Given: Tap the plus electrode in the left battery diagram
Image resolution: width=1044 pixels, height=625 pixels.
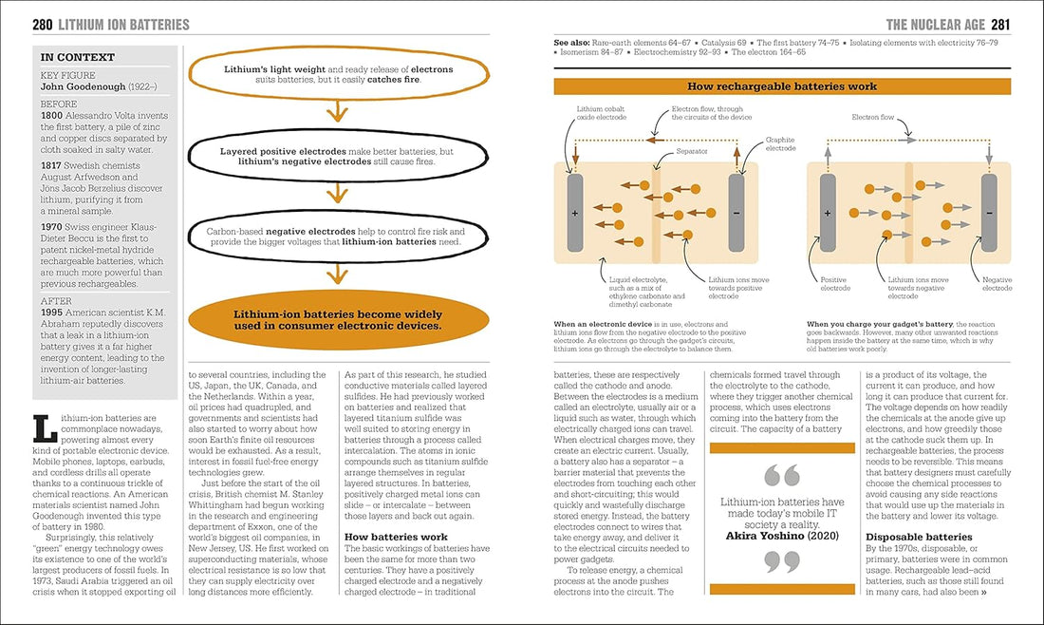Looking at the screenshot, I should click(x=574, y=214).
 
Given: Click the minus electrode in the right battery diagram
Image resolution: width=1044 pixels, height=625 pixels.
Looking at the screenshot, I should click(x=989, y=214).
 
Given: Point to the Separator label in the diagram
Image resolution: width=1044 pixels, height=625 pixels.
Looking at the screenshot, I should click(x=690, y=150).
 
